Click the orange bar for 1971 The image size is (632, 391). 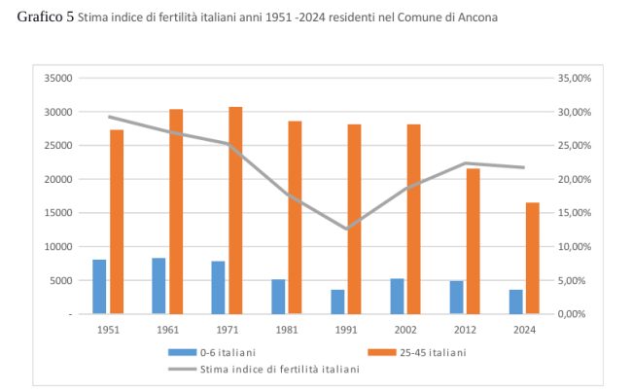(235, 210)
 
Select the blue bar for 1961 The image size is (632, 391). (158, 286)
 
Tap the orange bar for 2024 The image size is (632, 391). (533, 258)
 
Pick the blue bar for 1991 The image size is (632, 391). (337, 302)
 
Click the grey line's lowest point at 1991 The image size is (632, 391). (345, 230)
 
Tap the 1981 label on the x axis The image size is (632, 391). (286, 330)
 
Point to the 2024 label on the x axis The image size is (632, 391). (524, 330)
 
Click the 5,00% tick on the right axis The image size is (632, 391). (570, 281)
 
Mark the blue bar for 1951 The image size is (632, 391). (99, 287)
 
